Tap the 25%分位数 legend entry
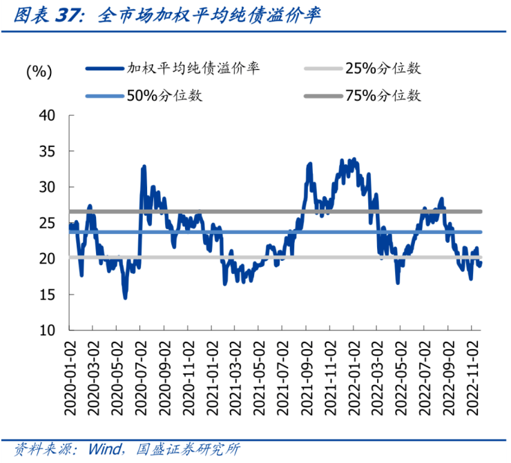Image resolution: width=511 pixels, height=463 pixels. tap(383, 68)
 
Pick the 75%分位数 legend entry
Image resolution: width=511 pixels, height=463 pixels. tap(383, 96)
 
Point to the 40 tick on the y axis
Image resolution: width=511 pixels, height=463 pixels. tap(47, 115)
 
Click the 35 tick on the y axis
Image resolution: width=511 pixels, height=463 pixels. tap(47, 151)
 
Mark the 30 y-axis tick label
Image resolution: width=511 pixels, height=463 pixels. tap(47, 187)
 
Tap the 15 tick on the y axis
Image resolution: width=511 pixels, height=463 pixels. tap(47, 295)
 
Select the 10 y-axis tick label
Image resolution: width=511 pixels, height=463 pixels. tap(47, 331)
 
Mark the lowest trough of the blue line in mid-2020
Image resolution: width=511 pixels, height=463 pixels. tap(125, 297)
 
